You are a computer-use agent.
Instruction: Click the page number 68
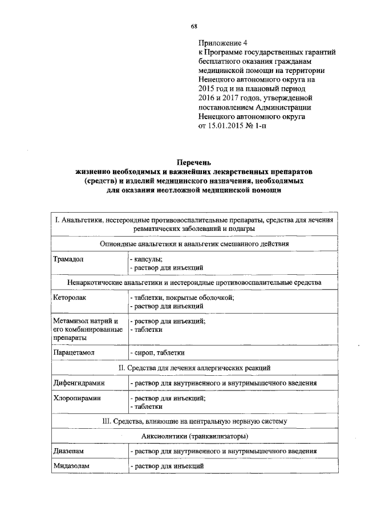[x=194, y=26]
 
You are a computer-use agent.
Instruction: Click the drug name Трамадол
[x=68, y=258]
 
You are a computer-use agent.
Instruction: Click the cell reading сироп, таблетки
[x=157, y=353]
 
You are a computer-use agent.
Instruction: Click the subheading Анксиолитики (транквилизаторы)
[x=193, y=436]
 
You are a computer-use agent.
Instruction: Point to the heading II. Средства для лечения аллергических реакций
[x=194, y=368]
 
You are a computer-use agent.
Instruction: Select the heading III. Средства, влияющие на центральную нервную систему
[x=194, y=421]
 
